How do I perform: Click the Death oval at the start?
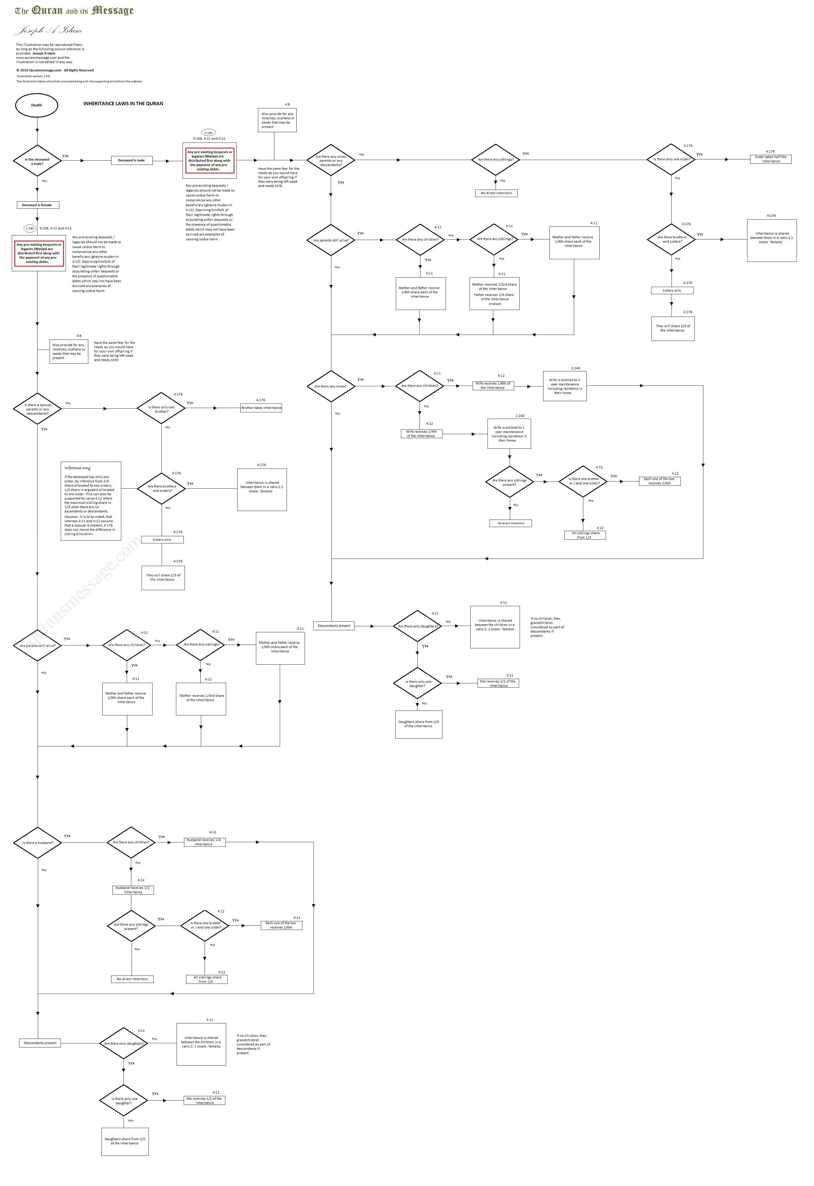[37, 105]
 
